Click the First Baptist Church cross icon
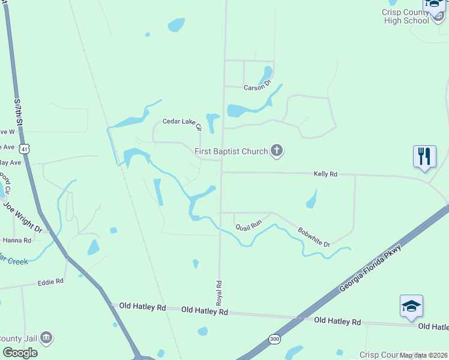pos(276,151)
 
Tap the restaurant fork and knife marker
pos(424,157)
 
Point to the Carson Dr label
pos(258,88)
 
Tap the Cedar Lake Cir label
pos(183,124)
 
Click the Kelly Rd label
pos(325,174)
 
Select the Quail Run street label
pos(249,226)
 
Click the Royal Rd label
pos(219,291)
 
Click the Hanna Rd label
pos(17,240)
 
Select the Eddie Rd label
pos(50,281)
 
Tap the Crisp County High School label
pos(406,16)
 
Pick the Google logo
pos(20,352)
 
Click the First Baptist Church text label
pos(231,151)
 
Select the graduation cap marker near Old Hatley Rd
pos(411,306)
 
